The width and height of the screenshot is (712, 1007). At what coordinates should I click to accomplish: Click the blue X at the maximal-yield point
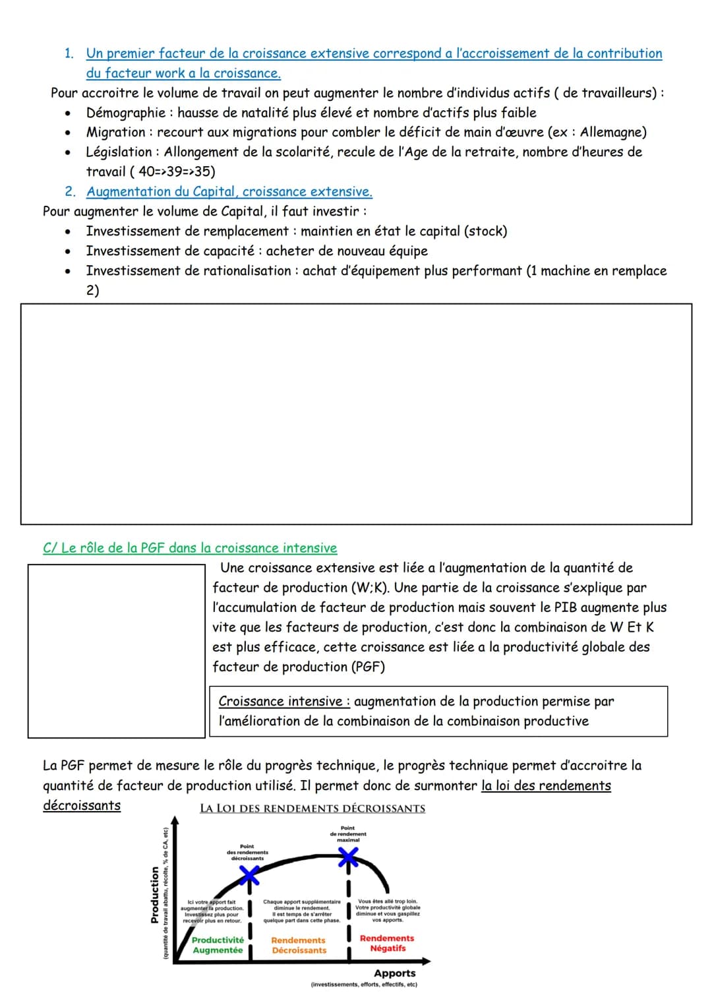[348, 857]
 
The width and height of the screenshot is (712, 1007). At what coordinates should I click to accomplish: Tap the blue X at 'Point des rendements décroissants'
[249, 874]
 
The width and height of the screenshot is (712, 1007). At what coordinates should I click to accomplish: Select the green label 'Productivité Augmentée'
[218, 945]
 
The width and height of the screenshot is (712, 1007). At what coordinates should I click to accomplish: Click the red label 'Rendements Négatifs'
[387, 943]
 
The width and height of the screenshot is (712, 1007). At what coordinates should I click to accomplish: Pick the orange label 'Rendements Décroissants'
[299, 945]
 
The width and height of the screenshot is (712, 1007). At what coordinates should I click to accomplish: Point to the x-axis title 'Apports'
[394, 973]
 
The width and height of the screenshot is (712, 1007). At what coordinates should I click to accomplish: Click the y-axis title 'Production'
[155, 894]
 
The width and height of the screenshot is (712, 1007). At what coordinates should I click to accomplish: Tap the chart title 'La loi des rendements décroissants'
[312, 809]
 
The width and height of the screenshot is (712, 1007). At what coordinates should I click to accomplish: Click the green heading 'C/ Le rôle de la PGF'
[189, 548]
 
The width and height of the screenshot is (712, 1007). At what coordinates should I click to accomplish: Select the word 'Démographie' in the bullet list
[126, 113]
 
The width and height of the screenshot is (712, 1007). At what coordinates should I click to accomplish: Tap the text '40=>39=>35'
[174, 171]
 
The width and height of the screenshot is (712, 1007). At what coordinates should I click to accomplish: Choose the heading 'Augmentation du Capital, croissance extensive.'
[229, 192]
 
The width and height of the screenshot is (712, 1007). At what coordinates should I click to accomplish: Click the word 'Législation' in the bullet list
[121, 152]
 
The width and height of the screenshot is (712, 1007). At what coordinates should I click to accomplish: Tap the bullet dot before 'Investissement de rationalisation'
[67, 271]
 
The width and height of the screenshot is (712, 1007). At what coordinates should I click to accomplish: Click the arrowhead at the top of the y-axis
[175, 821]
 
